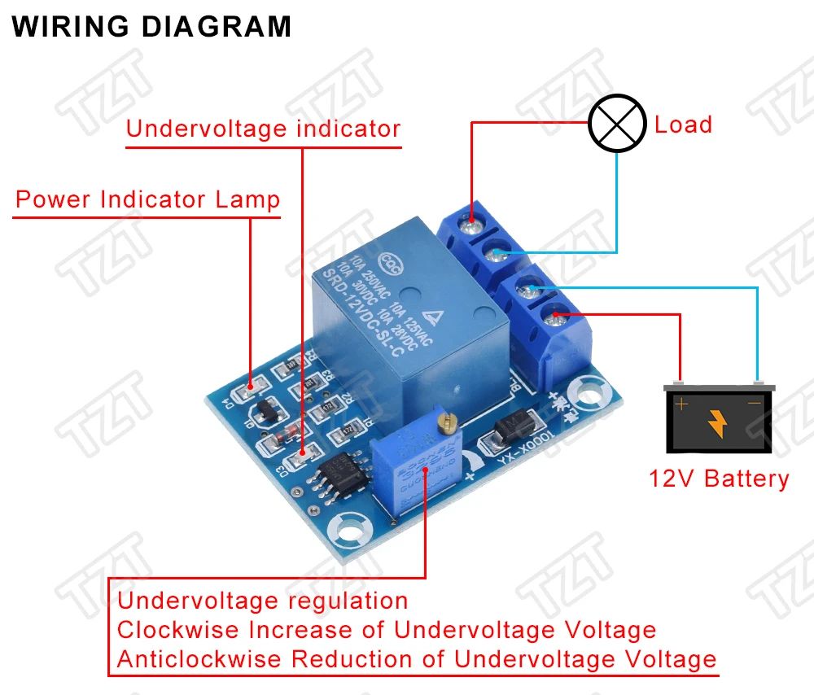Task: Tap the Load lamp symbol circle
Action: [616, 125]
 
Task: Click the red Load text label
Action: [683, 125]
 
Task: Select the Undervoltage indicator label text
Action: [263, 129]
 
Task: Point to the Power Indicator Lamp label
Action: [147, 199]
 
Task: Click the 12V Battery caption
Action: [719, 478]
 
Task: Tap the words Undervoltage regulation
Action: [263, 601]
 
